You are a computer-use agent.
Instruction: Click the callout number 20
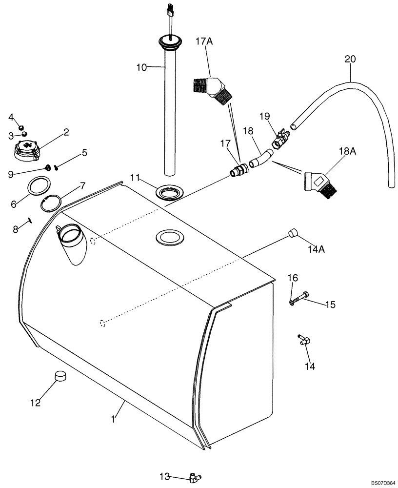point(350,59)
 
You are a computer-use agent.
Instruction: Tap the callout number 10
point(141,67)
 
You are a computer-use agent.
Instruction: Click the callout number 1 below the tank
point(113,419)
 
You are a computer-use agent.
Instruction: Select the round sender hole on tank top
point(169,238)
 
